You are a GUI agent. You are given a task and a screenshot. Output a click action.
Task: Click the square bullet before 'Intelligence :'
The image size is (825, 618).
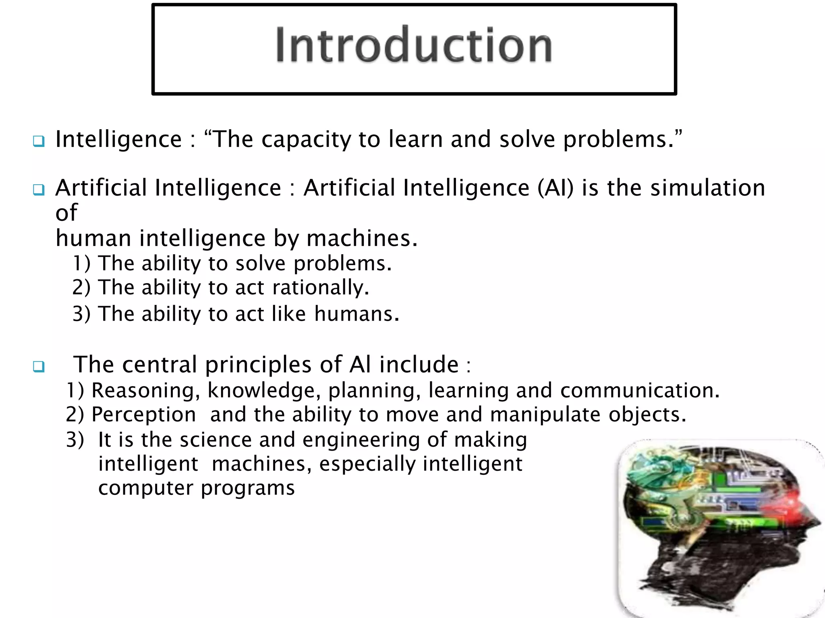point(39,141)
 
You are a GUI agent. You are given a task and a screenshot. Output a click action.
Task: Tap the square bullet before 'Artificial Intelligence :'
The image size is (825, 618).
point(39,190)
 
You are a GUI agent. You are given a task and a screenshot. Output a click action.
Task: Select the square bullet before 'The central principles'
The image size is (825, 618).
point(39,367)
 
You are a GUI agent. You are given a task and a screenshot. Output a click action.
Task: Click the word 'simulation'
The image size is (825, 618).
point(708,188)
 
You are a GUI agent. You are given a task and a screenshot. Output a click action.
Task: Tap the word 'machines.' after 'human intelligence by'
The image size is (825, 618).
point(362,239)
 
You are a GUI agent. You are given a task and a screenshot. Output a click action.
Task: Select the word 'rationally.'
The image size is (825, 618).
point(321,288)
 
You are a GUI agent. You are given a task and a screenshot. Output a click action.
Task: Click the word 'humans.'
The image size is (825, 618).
point(357,314)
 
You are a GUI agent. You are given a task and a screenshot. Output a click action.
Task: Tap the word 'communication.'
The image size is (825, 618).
point(640,390)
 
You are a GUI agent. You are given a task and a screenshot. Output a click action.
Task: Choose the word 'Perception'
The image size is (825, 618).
point(144,415)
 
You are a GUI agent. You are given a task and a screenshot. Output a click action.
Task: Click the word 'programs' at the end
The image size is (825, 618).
point(248,489)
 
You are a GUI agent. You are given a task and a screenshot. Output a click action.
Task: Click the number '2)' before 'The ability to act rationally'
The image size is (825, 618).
point(81,288)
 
